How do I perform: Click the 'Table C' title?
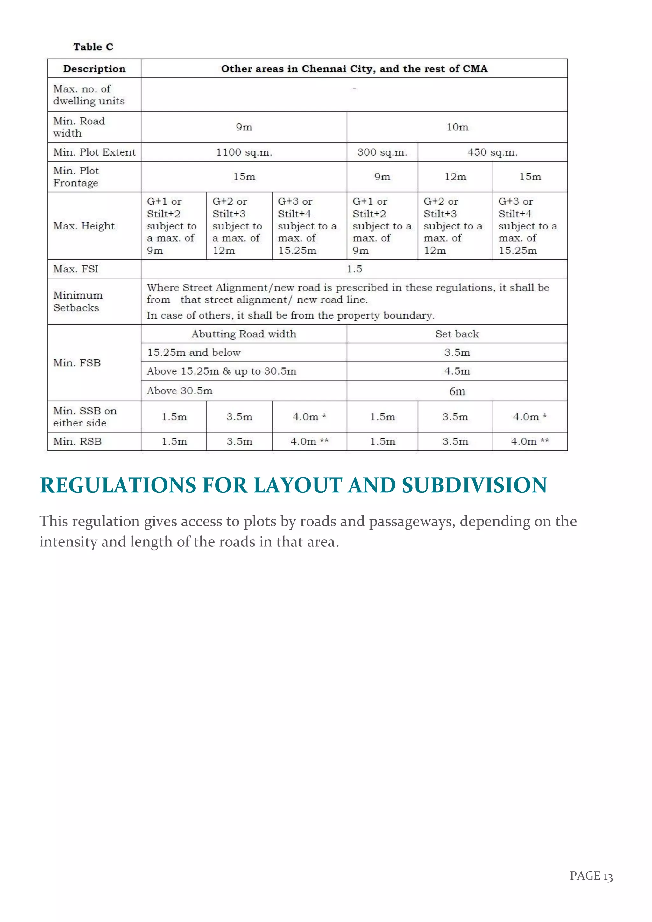pyautogui.click(x=93, y=47)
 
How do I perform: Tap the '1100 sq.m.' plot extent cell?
pyautogui.click(x=244, y=152)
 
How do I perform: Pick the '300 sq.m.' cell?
pyautogui.click(x=382, y=152)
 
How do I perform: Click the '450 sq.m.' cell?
pyautogui.click(x=492, y=152)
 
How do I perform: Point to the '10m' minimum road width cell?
pyautogui.click(x=457, y=127)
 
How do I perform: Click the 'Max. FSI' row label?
pyautogui.click(x=76, y=269)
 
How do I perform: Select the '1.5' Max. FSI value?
pyautogui.click(x=354, y=269)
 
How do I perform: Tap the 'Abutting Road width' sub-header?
pyautogui.click(x=244, y=334)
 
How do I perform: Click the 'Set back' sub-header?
pyautogui.click(x=457, y=334)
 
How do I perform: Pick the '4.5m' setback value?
pyautogui.click(x=457, y=371)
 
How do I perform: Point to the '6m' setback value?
pyautogui.click(x=457, y=391)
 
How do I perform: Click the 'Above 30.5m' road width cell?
pyautogui.click(x=180, y=391)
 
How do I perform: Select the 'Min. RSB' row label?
pyautogui.click(x=78, y=441)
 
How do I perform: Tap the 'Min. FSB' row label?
pyautogui.click(x=77, y=363)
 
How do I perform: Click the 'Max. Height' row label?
pyautogui.click(x=84, y=226)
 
